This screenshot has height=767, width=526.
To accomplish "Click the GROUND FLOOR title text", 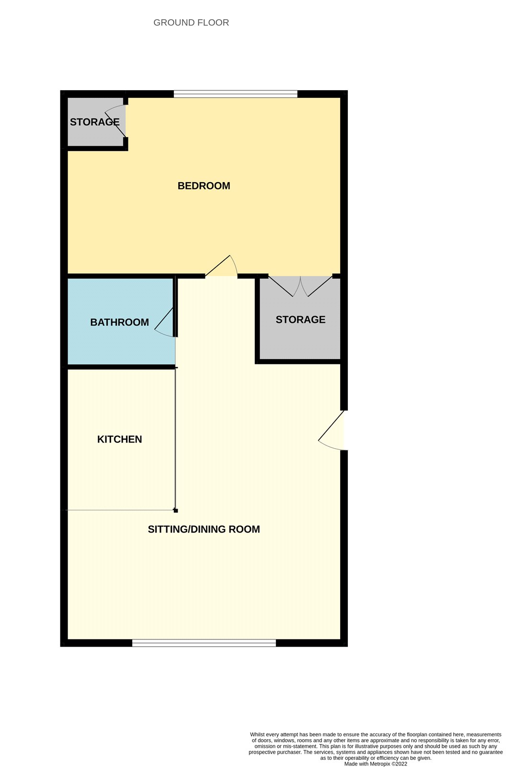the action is pyautogui.click(x=191, y=23).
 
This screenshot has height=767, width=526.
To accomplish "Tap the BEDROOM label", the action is pyautogui.click(x=204, y=186).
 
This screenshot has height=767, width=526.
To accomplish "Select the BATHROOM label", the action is pyautogui.click(x=119, y=322).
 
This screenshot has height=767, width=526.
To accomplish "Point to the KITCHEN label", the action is pyautogui.click(x=119, y=439).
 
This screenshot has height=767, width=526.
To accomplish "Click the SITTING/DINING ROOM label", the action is pyautogui.click(x=204, y=529).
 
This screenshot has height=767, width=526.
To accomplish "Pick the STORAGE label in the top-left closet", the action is pyautogui.click(x=95, y=122).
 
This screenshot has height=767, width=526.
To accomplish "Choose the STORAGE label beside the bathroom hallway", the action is pyautogui.click(x=300, y=319).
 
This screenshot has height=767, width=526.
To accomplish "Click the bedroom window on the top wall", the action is pyautogui.click(x=235, y=94).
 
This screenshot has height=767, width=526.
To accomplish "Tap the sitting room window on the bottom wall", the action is pyautogui.click(x=204, y=643).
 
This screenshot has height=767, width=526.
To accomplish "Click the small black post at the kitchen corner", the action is pyautogui.click(x=176, y=511).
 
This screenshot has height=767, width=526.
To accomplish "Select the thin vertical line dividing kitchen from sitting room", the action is pyautogui.click(x=175, y=439).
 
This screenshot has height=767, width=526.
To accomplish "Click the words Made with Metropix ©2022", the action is pyautogui.click(x=376, y=764).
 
